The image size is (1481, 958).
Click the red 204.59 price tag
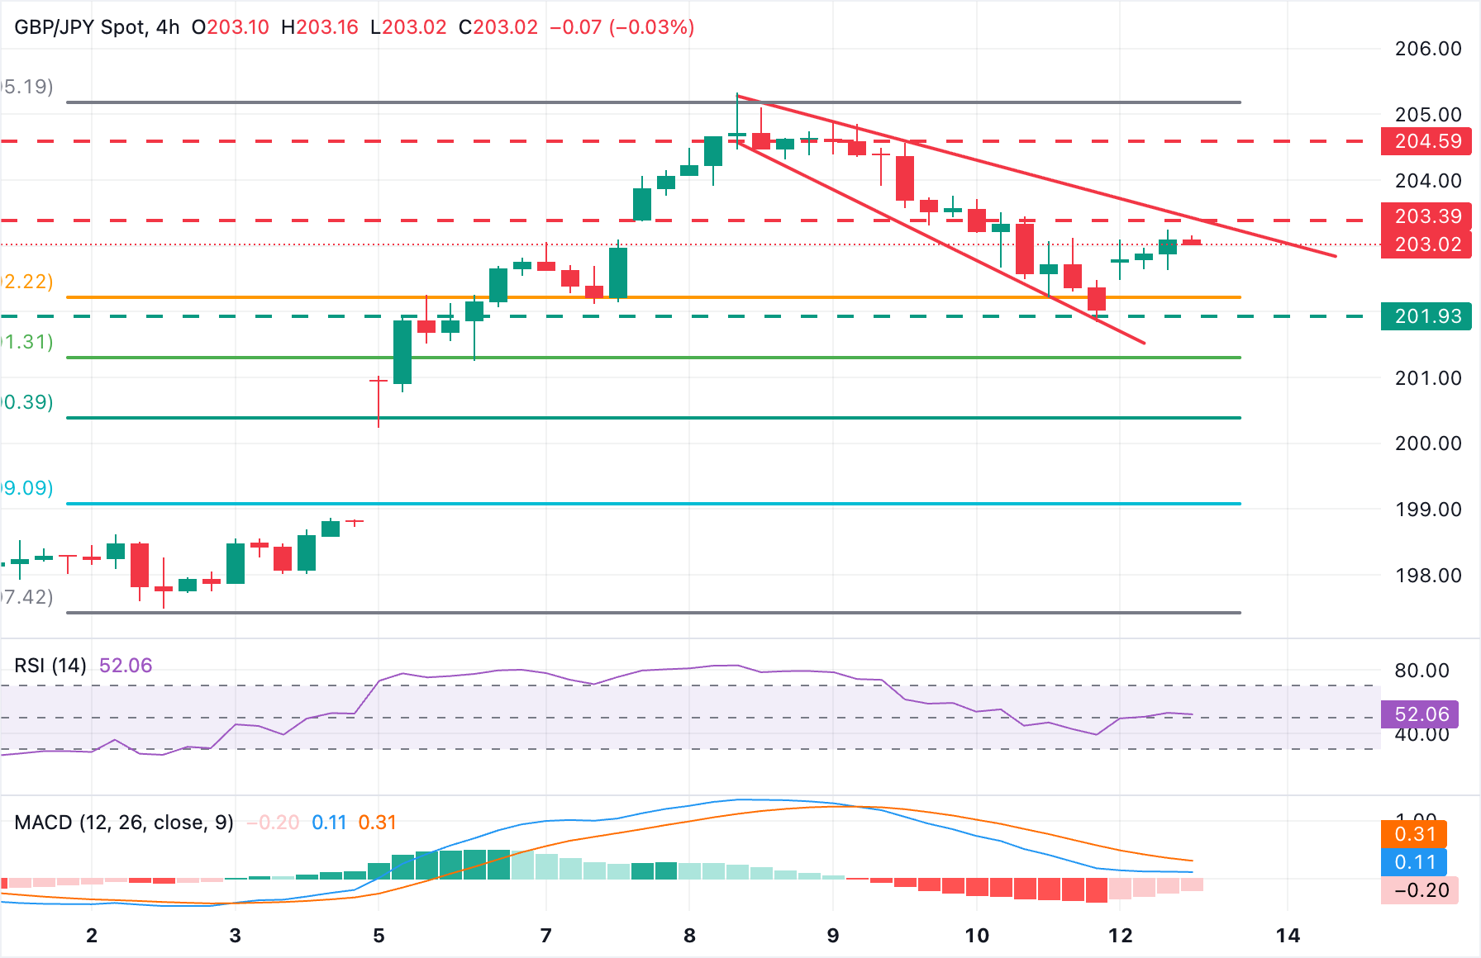pyautogui.click(x=1426, y=141)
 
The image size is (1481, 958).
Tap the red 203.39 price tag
pyautogui.click(x=1426, y=216)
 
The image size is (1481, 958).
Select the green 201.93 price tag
pyautogui.click(x=1426, y=316)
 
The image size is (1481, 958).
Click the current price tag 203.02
pyautogui.click(x=1426, y=244)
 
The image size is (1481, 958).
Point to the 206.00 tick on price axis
pyautogui.click(x=1427, y=49)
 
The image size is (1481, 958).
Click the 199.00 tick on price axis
pyautogui.click(x=1427, y=510)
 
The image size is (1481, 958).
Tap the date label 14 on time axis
pyautogui.click(x=1288, y=936)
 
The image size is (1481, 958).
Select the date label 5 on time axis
pyautogui.click(x=379, y=936)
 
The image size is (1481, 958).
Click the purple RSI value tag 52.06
pyautogui.click(x=1421, y=714)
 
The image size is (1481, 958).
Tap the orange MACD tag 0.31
pyautogui.click(x=1414, y=834)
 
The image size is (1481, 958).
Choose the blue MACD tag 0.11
pyautogui.click(x=1414, y=862)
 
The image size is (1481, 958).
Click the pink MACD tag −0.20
pyautogui.click(x=1420, y=890)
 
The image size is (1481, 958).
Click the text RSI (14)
pyautogui.click(x=50, y=666)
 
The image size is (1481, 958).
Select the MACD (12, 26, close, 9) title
pyautogui.click(x=124, y=823)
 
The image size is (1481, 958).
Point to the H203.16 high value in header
pyautogui.click(x=320, y=27)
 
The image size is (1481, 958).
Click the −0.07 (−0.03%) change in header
pyautogui.click(x=621, y=27)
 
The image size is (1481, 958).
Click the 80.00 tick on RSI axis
pyautogui.click(x=1421, y=671)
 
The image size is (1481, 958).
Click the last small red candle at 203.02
pyautogui.click(x=1192, y=242)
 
